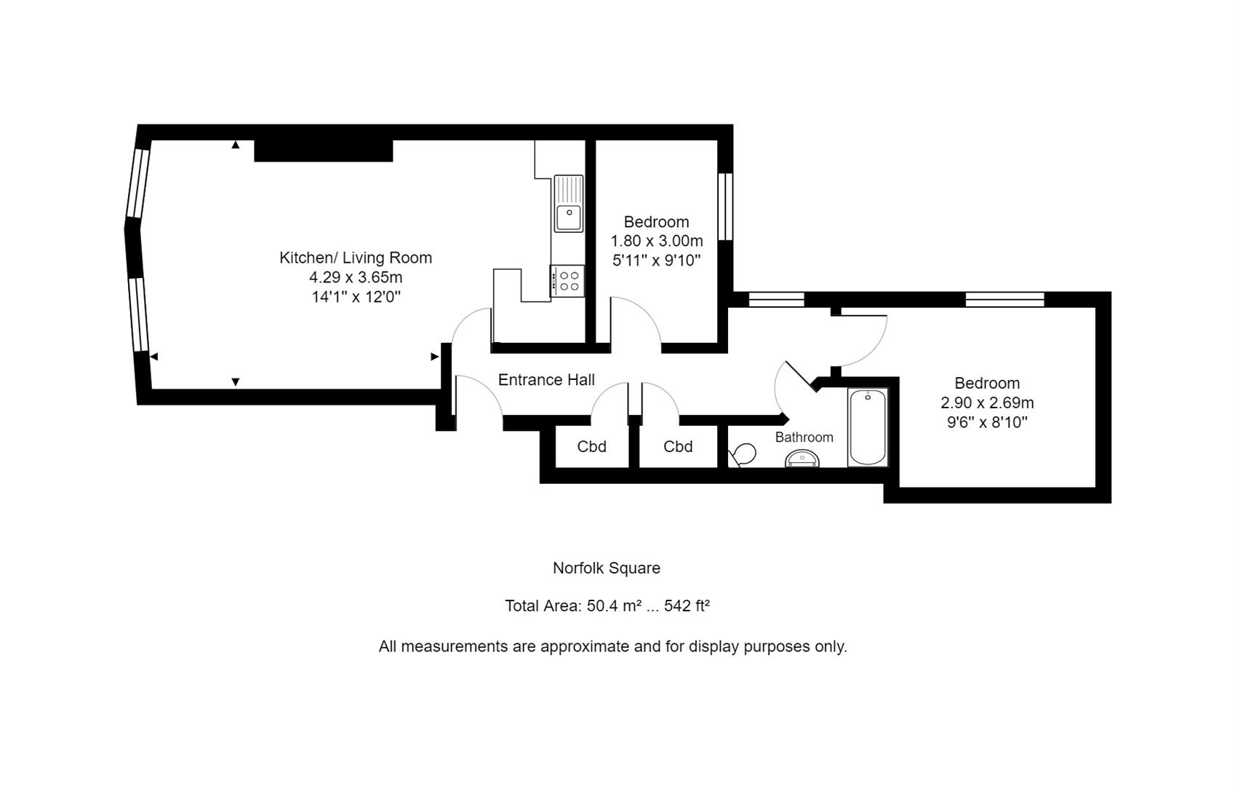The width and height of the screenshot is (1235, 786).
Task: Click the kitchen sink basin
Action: [569, 218]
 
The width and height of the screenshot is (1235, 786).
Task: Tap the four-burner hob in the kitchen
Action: [567, 281]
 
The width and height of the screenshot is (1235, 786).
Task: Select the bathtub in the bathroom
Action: [868, 427]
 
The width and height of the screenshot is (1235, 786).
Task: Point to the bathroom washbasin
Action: [802, 459]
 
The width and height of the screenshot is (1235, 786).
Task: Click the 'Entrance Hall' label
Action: [546, 379]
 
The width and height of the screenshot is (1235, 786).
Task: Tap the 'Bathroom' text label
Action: [804, 437]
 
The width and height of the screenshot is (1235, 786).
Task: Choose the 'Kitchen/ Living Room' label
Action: [356, 258]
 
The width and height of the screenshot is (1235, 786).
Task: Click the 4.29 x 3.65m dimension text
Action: [356, 277]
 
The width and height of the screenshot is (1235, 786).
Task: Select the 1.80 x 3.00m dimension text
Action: [657, 241]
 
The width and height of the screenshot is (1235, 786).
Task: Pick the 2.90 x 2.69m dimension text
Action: [987, 402]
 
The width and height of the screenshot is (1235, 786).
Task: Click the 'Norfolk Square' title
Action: [607, 568]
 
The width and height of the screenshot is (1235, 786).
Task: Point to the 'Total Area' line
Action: [607, 606]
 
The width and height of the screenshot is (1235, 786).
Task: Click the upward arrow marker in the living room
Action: [236, 145]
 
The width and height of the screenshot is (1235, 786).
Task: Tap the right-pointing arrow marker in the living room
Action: [434, 357]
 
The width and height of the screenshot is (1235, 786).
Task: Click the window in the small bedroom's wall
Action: [726, 207]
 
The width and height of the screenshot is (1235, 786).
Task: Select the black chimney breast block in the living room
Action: [324, 151]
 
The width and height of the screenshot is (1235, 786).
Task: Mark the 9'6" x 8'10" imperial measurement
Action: [987, 423]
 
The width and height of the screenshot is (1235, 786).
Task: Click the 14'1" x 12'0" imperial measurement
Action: [356, 297]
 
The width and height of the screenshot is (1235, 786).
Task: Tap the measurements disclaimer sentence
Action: [612, 646]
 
